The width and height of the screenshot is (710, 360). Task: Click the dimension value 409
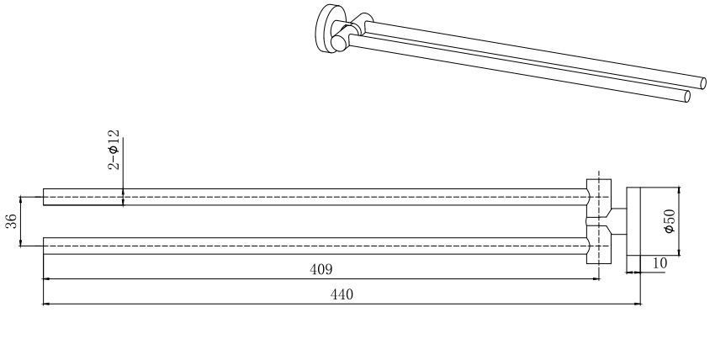(x=321, y=269)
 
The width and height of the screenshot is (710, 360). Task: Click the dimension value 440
(x=342, y=294)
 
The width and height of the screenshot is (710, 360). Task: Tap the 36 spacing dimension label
(x=11, y=221)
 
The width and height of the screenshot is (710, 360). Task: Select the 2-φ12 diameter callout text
(x=114, y=150)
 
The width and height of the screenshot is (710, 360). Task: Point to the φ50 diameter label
(x=670, y=220)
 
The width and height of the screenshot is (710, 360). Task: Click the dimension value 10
(x=660, y=263)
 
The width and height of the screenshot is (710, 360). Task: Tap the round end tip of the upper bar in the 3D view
(x=703, y=83)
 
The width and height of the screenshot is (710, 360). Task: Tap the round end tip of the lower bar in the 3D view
(x=687, y=97)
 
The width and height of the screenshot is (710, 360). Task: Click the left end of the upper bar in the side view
(x=44, y=197)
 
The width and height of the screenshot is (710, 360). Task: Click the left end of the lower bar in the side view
(x=44, y=246)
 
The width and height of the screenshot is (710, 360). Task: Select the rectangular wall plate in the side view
(x=633, y=221)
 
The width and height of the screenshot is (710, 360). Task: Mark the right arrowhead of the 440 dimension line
(x=638, y=304)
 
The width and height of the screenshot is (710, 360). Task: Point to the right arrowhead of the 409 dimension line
(x=596, y=279)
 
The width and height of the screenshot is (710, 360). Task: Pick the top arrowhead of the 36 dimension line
(x=21, y=199)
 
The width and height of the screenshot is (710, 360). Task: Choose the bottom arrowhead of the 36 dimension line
(x=21, y=243)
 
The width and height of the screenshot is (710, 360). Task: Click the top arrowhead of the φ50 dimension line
(x=679, y=190)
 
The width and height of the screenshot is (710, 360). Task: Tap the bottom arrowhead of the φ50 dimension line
(x=679, y=252)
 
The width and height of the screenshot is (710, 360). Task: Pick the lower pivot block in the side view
(x=599, y=244)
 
